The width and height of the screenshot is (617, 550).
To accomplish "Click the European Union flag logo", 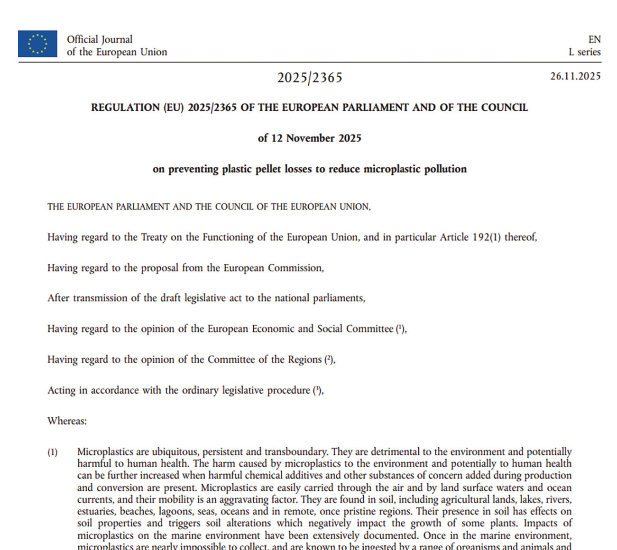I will (37, 44).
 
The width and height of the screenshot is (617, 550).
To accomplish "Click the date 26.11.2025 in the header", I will (575, 76).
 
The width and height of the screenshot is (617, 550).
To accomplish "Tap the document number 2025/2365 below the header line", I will (310, 77).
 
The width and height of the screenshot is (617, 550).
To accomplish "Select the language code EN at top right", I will (594, 39).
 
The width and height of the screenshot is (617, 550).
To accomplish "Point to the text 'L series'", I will (585, 52).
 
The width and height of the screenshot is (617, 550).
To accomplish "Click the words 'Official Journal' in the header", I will (100, 39).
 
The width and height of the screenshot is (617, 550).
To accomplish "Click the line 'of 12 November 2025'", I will (309, 138).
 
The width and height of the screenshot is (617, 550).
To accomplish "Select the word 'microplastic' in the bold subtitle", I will (392, 169).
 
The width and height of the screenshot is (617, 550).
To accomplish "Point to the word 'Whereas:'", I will (67, 421).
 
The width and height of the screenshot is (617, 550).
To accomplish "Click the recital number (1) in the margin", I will (52, 452).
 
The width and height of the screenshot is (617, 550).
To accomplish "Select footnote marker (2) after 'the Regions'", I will (329, 360).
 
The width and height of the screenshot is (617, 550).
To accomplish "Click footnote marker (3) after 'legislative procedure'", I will (317, 390).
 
